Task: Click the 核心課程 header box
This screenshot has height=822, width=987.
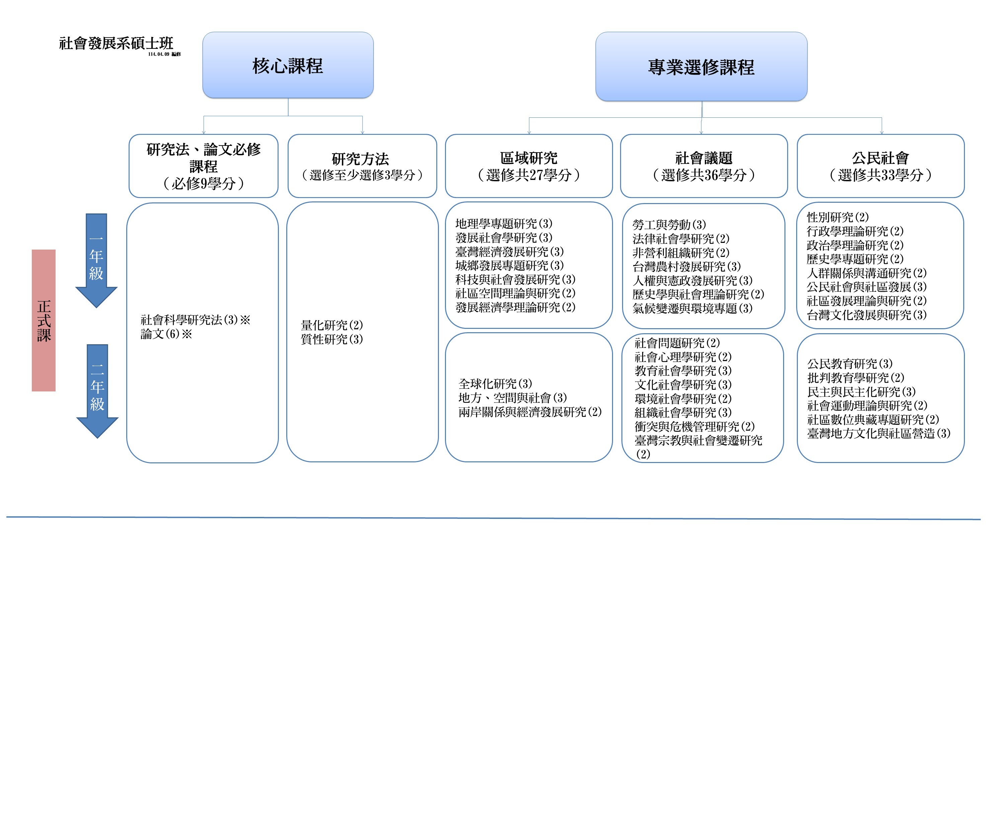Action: (288, 65)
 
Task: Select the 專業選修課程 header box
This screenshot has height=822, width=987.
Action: (701, 67)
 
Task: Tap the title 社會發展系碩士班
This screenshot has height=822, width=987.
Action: (116, 43)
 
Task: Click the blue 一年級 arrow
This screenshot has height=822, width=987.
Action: (96, 258)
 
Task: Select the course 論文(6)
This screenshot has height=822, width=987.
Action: (166, 334)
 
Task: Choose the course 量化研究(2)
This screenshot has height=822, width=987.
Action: (332, 325)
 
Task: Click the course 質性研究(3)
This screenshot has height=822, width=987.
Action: (332, 339)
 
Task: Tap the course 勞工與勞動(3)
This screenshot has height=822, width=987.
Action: (669, 224)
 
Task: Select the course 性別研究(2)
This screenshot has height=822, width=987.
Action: (838, 217)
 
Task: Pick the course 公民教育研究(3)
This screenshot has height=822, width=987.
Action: (850, 364)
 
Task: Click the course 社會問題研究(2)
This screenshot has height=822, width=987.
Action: (677, 343)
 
